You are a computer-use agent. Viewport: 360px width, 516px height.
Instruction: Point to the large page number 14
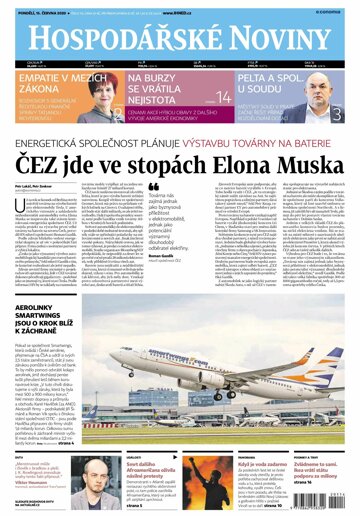[223, 97]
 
